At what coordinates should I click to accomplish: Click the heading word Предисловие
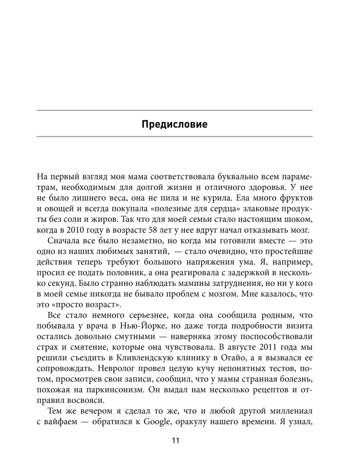click(175, 126)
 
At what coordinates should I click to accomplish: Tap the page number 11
click(175, 441)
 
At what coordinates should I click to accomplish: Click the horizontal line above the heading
click(175, 110)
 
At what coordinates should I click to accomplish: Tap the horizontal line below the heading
click(175, 137)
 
